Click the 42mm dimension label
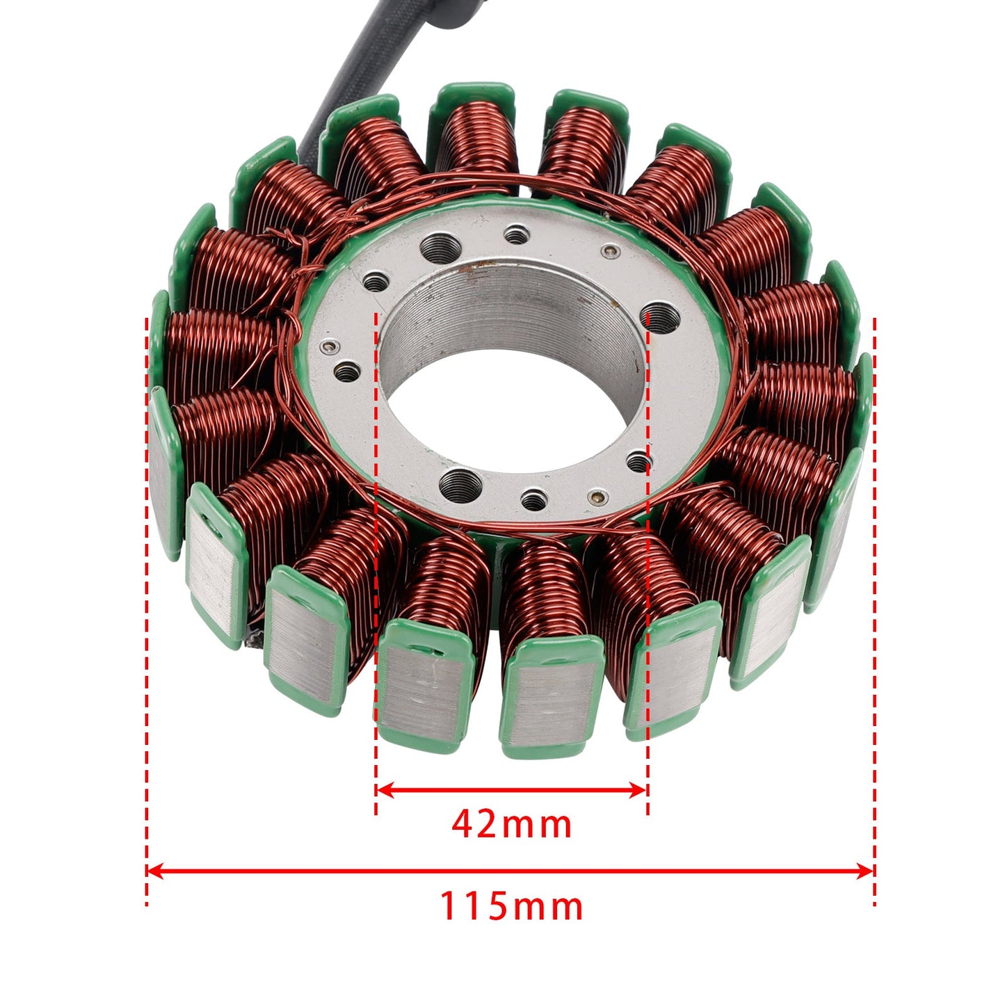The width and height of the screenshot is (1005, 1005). (511, 825)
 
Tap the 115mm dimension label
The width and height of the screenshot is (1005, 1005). (511, 907)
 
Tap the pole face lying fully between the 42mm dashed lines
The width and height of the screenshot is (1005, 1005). (552, 702)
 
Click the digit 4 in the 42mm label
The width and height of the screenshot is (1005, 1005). (463, 825)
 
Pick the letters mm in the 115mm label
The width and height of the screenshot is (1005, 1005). (549, 907)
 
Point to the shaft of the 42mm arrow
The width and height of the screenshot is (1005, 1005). (511, 789)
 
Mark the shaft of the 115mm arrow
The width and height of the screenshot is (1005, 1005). (511, 871)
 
